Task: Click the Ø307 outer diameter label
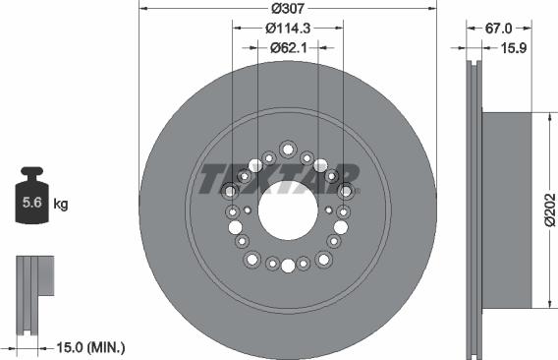(288, 9)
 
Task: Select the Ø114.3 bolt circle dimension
(288, 29)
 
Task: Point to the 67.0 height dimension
(500, 29)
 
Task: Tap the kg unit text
(61, 205)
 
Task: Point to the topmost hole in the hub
(288, 149)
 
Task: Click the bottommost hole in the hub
(288, 266)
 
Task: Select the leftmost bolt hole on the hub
(232, 191)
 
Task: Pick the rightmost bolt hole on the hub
(345, 191)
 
